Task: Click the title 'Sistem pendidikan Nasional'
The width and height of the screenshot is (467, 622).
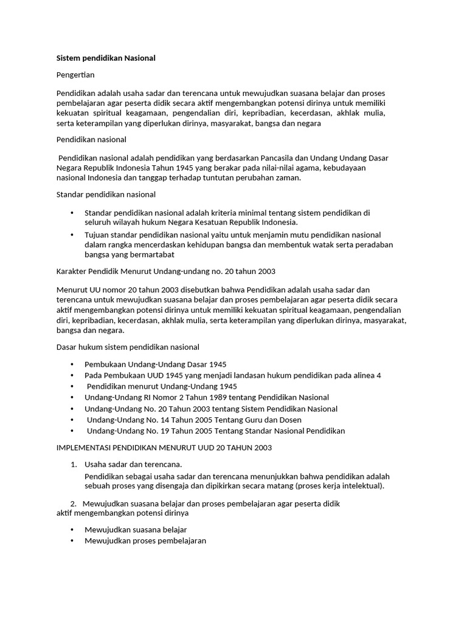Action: (x=106, y=58)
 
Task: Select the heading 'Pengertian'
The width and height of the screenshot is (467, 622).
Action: (x=75, y=75)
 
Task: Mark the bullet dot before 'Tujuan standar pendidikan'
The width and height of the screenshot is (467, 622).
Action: (x=72, y=234)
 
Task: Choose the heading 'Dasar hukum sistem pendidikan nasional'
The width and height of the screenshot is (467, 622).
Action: (x=128, y=347)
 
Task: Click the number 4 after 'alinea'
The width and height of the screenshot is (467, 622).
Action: (x=379, y=375)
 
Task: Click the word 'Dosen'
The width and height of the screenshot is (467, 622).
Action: (x=289, y=420)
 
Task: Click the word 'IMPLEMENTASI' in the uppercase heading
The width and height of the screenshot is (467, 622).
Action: (x=85, y=448)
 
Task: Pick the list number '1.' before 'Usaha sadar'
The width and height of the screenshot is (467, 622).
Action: (x=74, y=465)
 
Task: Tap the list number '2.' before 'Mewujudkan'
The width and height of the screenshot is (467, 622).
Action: (x=74, y=504)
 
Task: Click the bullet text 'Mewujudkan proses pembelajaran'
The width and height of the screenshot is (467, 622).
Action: (x=145, y=541)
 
